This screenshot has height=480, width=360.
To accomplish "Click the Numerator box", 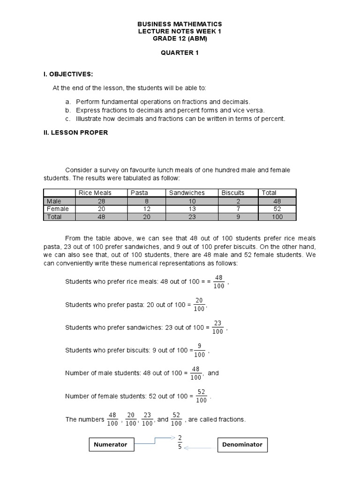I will [x=111, y=444].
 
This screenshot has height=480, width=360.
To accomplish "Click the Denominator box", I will [x=242, y=444].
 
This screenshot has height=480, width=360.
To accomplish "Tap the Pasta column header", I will [x=139, y=193].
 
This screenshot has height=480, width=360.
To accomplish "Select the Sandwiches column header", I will [x=187, y=193].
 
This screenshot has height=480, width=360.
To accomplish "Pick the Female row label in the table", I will [x=58, y=209].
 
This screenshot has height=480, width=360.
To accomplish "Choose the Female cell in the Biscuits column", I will [x=238, y=209].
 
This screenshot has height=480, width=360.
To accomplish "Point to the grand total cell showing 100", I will [x=277, y=217].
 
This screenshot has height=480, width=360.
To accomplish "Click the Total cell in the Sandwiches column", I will [x=192, y=217].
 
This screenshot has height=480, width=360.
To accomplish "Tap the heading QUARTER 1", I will [x=180, y=53].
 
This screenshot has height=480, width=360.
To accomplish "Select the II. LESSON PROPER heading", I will [x=75, y=133].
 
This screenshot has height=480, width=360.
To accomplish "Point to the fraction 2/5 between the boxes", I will [x=180, y=442].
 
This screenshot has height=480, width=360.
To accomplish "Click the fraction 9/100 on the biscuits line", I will [x=200, y=350].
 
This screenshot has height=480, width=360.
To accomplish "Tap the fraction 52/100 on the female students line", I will [x=201, y=396].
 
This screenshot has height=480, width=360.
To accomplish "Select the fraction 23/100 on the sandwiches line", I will [x=217, y=327].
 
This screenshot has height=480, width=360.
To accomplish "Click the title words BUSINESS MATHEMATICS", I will [x=180, y=24].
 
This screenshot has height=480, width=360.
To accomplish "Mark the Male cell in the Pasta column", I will [x=146, y=201].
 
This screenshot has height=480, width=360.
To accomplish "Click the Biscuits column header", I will [x=233, y=193].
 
